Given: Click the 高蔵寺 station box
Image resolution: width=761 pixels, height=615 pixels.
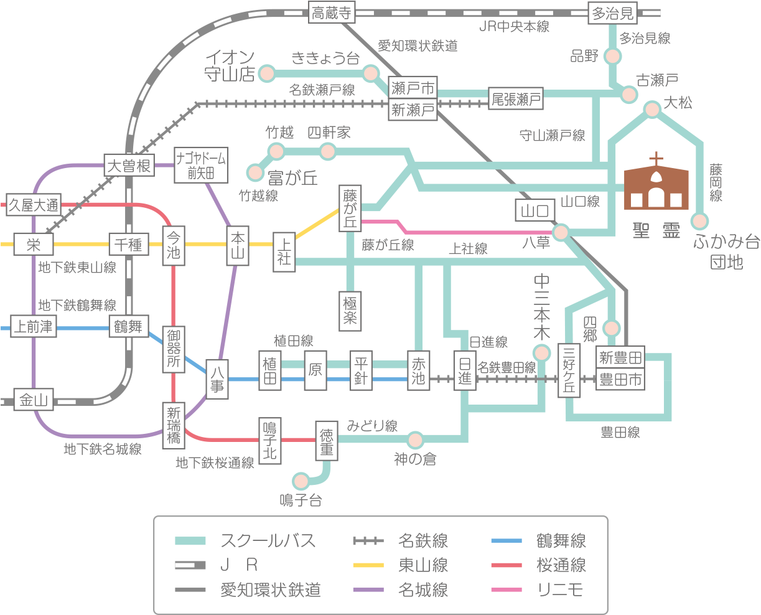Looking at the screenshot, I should coord(331,13).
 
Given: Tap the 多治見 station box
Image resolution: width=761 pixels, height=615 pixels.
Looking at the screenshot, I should coord(612,13).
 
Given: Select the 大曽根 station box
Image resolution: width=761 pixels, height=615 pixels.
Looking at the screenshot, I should coord(129,166).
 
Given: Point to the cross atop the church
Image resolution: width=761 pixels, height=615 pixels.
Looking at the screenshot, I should coord(656,158).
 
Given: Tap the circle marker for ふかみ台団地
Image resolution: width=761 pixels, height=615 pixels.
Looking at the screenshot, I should coord(701,221).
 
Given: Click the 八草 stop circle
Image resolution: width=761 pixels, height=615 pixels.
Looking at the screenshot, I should coord(561,233).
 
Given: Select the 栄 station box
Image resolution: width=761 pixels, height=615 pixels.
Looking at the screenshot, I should coord(34,245).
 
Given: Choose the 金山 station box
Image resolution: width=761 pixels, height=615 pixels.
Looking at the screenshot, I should coord(34,400).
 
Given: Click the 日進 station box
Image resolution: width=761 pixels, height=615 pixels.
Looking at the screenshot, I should coord(464,371).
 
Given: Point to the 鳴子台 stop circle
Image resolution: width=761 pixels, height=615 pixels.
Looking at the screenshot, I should coord(301,481).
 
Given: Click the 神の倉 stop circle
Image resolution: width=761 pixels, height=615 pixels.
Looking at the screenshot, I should coord(415,439).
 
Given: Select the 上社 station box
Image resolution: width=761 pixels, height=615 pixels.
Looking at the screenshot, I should coord(284,251).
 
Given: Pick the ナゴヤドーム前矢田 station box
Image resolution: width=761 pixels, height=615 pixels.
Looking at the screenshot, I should coord(201,165).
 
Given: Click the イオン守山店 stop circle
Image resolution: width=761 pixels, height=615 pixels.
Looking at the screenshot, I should coord(267,72).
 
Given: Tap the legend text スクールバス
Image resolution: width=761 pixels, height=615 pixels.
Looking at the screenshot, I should coord(268,540).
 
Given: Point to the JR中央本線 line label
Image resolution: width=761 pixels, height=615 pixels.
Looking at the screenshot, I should coord(514,27).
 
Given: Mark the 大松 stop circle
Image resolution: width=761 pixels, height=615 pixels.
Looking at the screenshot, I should coord(652,110).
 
